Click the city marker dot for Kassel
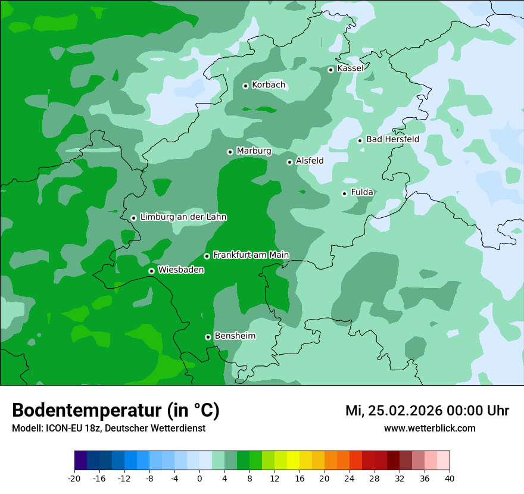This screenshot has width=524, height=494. tap(330, 70)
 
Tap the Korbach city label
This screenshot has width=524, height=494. tap(269, 85)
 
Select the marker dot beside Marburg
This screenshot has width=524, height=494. tap(230, 152)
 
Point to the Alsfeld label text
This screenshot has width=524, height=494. tap(310, 161)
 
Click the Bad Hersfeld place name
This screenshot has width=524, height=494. tap(392, 139)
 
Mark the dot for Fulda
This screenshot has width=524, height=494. tap(344, 193)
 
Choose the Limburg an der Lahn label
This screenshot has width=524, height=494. tap(183, 217)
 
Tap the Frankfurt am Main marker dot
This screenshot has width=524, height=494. tap(207, 256)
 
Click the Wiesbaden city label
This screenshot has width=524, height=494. tap(181, 270)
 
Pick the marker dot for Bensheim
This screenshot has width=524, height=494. tap(208, 337)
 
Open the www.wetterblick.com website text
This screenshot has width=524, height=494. tap(429, 429)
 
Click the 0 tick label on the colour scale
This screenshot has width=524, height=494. tap(199, 479)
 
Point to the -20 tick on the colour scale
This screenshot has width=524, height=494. tap(74, 479)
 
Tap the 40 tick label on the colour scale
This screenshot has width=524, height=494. tap(450, 479)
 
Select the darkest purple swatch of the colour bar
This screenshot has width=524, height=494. tap(80, 461)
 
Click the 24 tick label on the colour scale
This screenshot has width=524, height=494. tap(350, 479)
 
